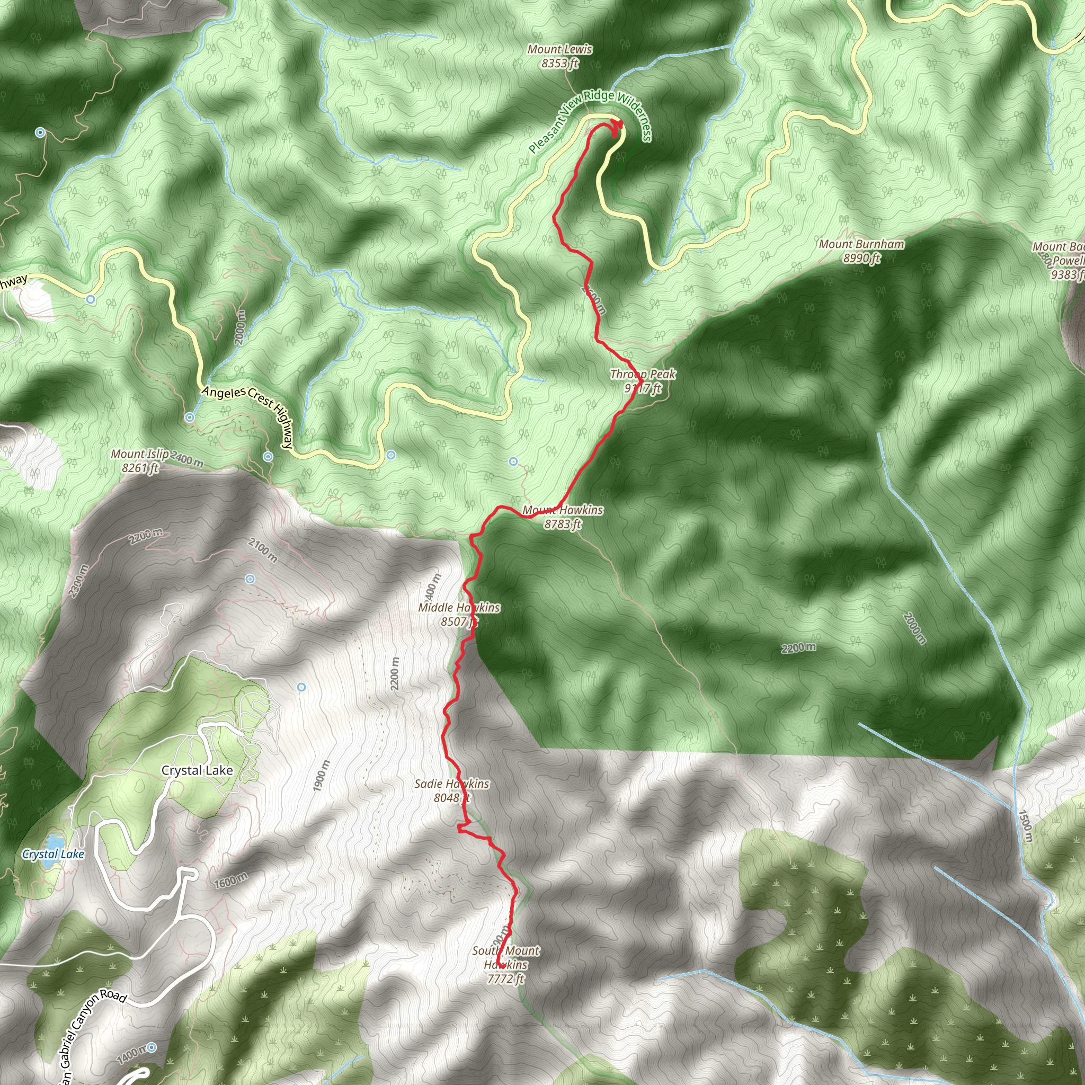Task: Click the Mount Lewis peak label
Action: pos(559,56)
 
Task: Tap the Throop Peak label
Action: pos(643,381)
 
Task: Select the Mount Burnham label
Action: pos(861,251)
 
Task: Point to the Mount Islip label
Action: pos(140,460)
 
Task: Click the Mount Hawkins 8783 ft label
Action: pos(563,517)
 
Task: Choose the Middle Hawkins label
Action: pos(459,614)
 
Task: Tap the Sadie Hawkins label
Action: pos(451,790)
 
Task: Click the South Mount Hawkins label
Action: pos(505,964)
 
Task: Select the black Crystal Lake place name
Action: pos(197,770)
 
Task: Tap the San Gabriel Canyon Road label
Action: pos(93,1035)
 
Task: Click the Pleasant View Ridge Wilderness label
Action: pos(590,119)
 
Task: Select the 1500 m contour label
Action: pos(1025,826)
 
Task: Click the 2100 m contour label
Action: pos(262,550)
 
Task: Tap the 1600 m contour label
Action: pos(230,881)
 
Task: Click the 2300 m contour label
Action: pos(78,581)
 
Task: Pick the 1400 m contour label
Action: pos(131,1055)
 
